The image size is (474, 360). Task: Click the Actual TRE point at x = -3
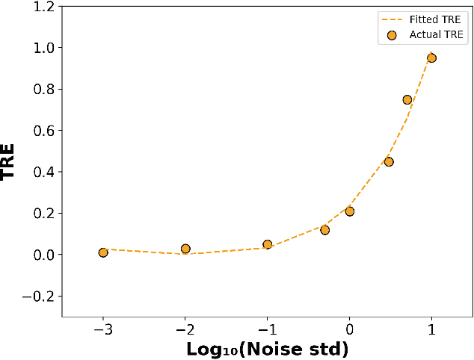point(103,252)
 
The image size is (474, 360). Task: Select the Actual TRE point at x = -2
point(185,249)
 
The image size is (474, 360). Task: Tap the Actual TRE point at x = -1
point(268,244)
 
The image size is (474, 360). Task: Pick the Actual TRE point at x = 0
point(349,211)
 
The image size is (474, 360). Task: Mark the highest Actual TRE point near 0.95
point(431,58)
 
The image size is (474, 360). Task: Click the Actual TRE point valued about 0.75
point(407,99)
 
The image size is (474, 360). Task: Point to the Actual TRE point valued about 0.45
point(389,161)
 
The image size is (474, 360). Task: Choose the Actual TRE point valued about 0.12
point(324,230)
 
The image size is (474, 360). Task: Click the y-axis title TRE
point(10,162)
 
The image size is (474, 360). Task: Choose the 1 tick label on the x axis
point(431,329)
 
